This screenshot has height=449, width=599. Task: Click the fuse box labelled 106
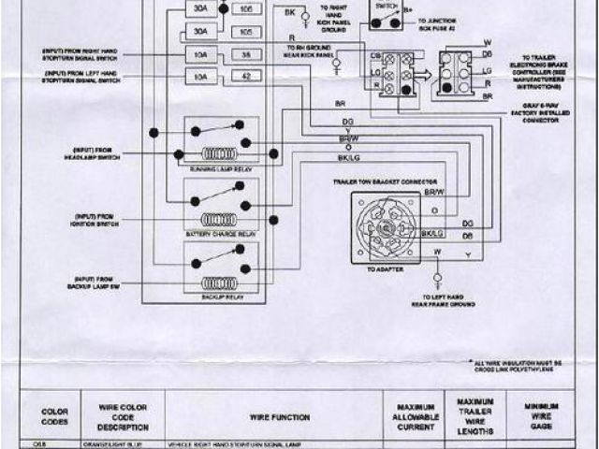[246, 9]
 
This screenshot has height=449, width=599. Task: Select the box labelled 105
[246, 32]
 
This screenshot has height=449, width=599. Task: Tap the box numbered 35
[246, 54]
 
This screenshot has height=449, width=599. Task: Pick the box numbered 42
[246, 77]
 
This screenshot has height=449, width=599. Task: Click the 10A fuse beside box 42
[200, 77]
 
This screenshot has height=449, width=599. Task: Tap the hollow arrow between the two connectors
[422, 75]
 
